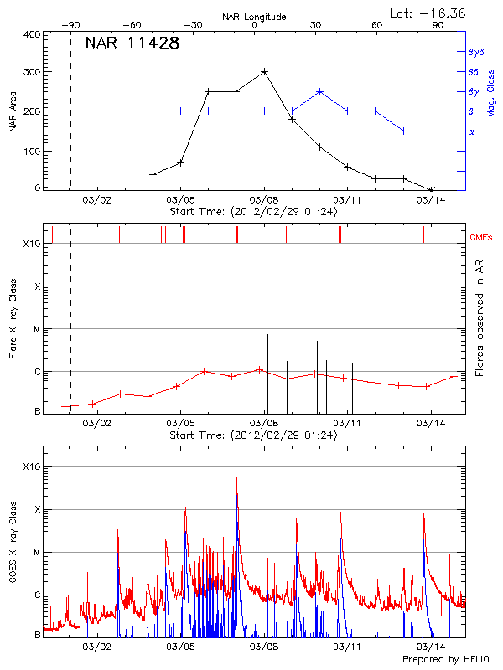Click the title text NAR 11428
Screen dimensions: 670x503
click(x=132, y=44)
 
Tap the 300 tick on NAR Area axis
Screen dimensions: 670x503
click(x=33, y=72)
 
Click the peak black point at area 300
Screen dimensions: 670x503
click(x=264, y=72)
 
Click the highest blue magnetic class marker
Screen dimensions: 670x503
click(x=319, y=91)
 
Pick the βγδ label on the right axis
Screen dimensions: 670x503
click(x=474, y=52)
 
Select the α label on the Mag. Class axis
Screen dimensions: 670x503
click(x=470, y=131)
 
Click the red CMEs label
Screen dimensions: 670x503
click(x=483, y=237)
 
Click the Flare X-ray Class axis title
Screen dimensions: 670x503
click(x=13, y=318)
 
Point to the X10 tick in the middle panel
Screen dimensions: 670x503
click(x=32, y=244)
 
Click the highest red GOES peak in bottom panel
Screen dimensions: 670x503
click(x=236, y=479)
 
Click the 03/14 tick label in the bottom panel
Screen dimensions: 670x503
click(x=430, y=647)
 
